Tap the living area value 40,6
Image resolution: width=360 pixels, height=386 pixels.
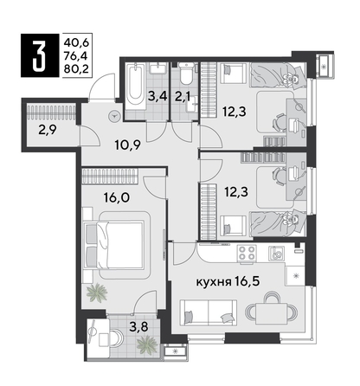point(74,39)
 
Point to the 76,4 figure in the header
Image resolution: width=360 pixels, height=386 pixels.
point(74,54)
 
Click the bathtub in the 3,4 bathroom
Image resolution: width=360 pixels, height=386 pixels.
point(136,89)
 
